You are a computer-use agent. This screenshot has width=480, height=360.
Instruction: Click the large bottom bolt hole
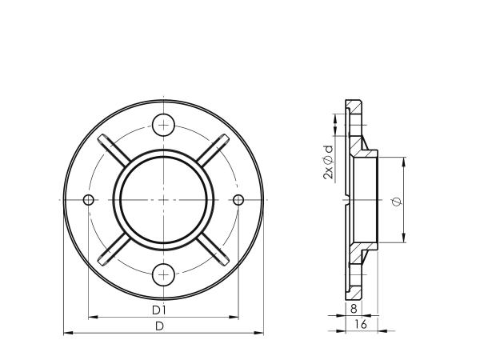[164, 275]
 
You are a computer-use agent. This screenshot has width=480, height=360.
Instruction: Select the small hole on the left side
[89, 199]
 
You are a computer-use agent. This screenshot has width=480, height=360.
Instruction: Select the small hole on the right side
[238, 199]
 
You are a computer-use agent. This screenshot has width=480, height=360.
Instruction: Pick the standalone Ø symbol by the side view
[398, 201]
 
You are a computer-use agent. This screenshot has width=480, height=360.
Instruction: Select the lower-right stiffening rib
[215, 250]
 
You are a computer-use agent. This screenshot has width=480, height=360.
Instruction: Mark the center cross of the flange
[164, 199]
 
